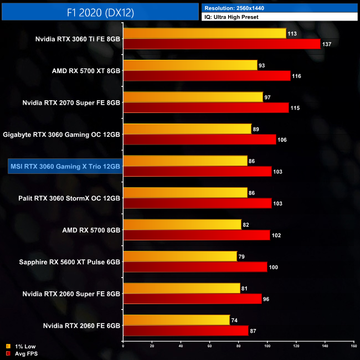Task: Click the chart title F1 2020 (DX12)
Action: (x=100, y=11)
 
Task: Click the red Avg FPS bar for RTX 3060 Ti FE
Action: (x=222, y=44)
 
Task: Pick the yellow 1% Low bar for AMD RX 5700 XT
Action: (x=190, y=65)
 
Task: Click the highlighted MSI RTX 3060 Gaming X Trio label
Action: (x=64, y=166)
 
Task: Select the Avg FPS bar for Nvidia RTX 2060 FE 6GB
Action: (x=186, y=331)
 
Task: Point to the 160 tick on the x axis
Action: (x=353, y=346)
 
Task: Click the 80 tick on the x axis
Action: (x=239, y=346)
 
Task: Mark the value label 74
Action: (x=235, y=320)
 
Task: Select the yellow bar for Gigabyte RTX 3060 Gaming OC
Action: (x=187, y=129)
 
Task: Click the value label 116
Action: (x=296, y=76)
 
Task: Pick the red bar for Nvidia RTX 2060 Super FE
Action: (x=192, y=299)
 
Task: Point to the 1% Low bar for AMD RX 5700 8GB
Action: (x=182, y=224)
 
